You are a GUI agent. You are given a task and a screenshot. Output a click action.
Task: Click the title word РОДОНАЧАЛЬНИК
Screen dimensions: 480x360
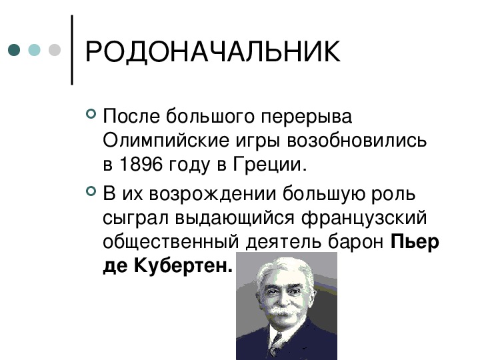pyautogui.click(x=213, y=51)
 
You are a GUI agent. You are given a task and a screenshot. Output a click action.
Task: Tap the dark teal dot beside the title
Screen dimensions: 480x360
pyautogui.click(x=14, y=50)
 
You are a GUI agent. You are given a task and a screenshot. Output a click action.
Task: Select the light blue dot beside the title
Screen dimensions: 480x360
pyautogui.click(x=34, y=50)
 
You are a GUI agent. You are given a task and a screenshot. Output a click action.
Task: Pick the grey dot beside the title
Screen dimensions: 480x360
pyautogui.click(x=55, y=50)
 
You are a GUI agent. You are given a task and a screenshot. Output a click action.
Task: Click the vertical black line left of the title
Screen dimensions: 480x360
pyautogui.click(x=72, y=49)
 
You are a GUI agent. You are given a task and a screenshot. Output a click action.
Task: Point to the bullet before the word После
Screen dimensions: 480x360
pyautogui.click(x=91, y=114)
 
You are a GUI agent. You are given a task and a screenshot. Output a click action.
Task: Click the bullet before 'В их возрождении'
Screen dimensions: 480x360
pyautogui.click(x=91, y=191)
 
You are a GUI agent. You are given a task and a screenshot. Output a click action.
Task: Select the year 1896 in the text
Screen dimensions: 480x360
pyautogui.click(x=141, y=164)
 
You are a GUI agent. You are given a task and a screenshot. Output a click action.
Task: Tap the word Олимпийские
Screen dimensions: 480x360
pyautogui.click(x=166, y=141)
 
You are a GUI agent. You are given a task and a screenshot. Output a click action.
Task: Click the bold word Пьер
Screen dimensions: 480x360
pyautogui.click(x=415, y=242)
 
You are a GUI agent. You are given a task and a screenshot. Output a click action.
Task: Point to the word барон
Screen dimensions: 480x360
pyautogui.click(x=355, y=242)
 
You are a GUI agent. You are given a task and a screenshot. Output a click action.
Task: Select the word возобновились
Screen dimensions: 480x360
pyautogui.click(x=356, y=141)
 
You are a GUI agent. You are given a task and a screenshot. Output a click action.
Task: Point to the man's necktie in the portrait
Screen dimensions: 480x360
pyautogui.click(x=275, y=345)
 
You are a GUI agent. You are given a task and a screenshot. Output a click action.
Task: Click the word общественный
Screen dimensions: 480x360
pyautogui.click(x=171, y=242)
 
